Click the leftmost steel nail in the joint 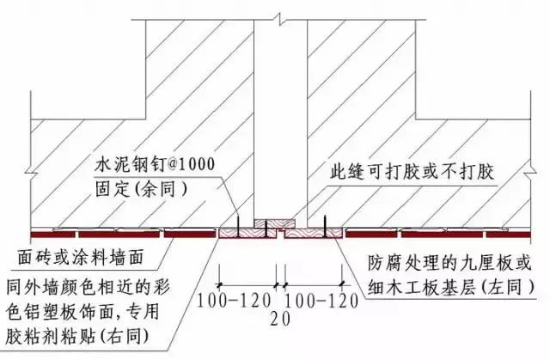pyautogui.click(x=237, y=226)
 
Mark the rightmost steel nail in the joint pyautogui.click(x=325, y=226)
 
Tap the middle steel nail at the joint pyautogui.click(x=267, y=227)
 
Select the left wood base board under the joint pyautogui.click(x=241, y=231)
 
